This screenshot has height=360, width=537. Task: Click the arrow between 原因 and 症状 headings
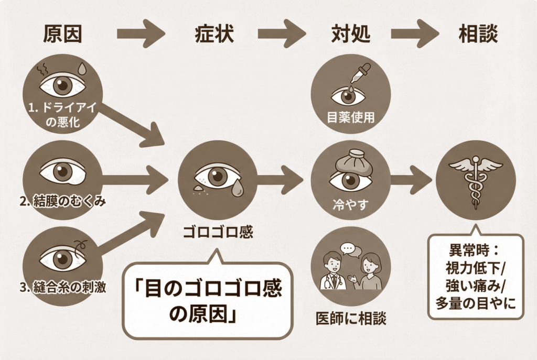[141, 34]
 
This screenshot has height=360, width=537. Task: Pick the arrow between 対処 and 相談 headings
[420, 34]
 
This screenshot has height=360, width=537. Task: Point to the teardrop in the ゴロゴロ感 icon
[237, 187]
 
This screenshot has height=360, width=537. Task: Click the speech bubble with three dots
[348, 248]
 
